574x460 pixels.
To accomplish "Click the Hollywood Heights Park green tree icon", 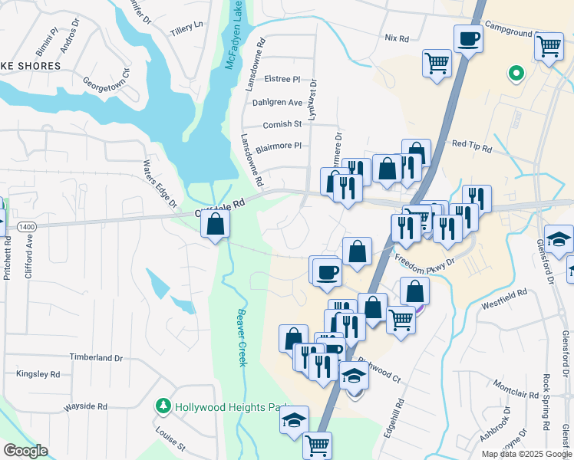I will tap(163, 406).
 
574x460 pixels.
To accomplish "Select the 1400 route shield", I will tap(27, 227).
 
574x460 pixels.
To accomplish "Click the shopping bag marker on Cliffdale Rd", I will tap(216, 224).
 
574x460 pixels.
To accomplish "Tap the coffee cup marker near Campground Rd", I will tap(468, 38).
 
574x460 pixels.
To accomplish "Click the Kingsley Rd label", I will tap(38, 374).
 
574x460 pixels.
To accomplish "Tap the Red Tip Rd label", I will tap(470, 144).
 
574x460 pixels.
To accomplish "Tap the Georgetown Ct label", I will tap(106, 81).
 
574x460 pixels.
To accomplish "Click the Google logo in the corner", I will tap(25, 451).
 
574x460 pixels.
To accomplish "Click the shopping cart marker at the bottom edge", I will tap(317, 445).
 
